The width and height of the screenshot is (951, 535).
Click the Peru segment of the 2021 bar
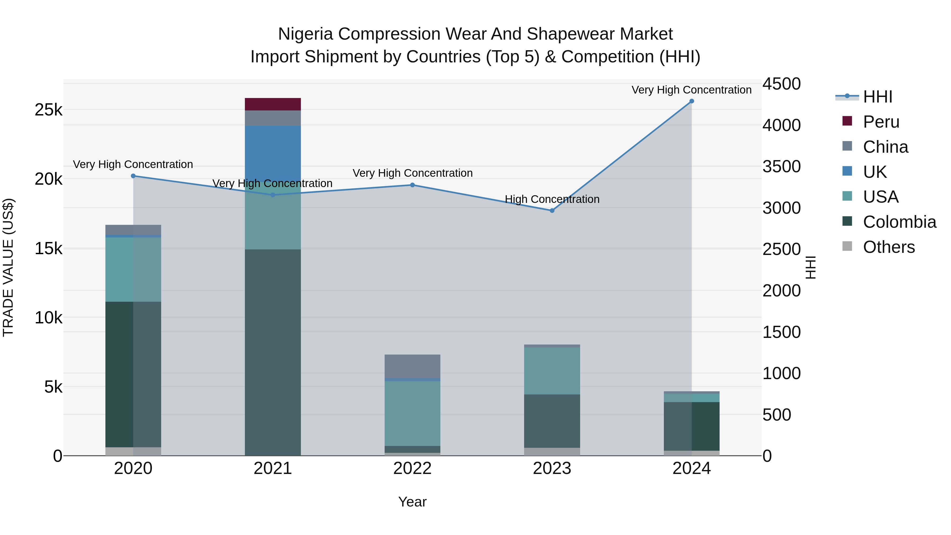[273, 104]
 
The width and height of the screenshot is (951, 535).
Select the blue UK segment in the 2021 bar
[273, 151]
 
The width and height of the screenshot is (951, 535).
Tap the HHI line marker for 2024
[692, 101]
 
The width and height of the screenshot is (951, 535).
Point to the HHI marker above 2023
[552, 211]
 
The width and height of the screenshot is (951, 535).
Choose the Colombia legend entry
[899, 222]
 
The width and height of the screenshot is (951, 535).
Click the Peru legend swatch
[847, 121]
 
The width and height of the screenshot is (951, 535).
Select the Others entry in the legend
[889, 247]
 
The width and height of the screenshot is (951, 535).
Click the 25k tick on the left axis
[48, 110]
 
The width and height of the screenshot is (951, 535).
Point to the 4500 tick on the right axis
[782, 84]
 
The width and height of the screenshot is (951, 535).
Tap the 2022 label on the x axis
[412, 468]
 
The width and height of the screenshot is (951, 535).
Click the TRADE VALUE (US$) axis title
[8, 267]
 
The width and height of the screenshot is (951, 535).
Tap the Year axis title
[412, 502]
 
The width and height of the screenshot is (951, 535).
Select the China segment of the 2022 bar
[412, 366]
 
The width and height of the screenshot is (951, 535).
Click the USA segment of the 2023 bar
[552, 371]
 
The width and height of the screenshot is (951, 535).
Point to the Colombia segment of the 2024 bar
[692, 426]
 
